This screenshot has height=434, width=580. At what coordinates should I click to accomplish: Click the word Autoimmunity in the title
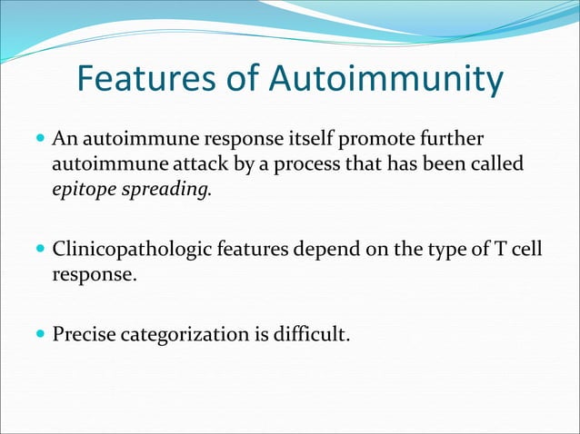click(x=385, y=80)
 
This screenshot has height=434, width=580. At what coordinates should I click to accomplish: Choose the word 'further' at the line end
click(x=455, y=141)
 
